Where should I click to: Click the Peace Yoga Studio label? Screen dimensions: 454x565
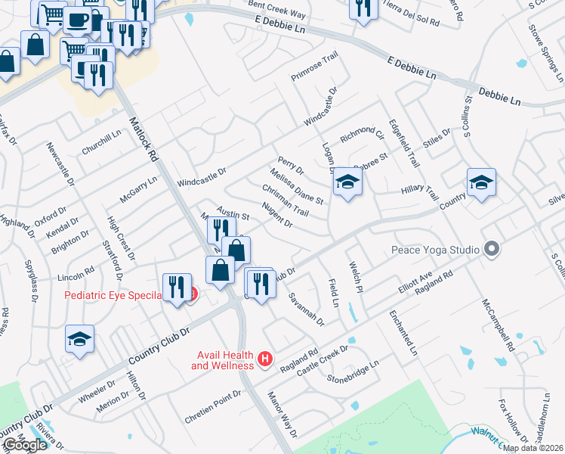tap(435, 250)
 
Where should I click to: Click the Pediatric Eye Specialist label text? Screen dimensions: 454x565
tap(113, 296)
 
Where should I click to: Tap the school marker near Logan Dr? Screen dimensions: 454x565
tap(347, 182)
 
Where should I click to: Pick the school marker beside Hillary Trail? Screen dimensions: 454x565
tap(481, 182)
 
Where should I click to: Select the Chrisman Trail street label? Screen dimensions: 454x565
tap(286, 200)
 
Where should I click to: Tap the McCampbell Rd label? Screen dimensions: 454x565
tap(499, 325)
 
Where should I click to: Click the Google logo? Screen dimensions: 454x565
tap(25, 445)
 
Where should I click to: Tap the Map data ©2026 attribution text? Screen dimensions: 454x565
tap(533, 448)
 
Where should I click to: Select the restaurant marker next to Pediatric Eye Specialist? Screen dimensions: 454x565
tap(177, 287)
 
